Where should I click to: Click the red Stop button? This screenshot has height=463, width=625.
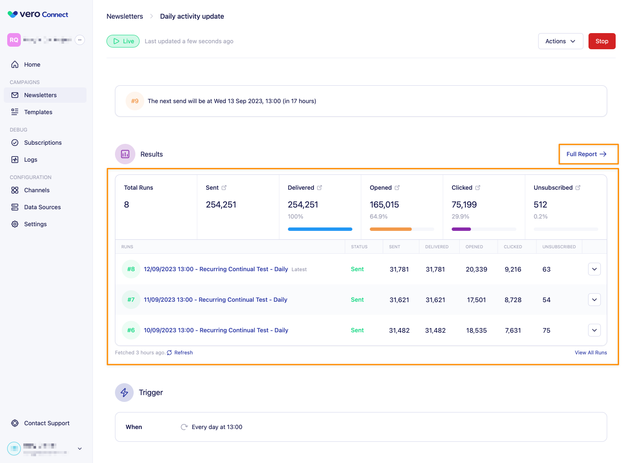coord(602,41)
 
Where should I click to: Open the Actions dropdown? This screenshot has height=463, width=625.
coord(560,41)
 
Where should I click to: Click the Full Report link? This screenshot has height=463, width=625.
coord(586,154)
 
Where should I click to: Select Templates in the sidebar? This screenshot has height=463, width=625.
coord(38,112)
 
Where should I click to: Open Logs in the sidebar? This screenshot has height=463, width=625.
coord(31,160)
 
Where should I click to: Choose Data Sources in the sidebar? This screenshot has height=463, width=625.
coord(42,207)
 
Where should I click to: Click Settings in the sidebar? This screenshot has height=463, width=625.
coord(35,224)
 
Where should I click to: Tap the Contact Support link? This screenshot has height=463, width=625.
coord(47,423)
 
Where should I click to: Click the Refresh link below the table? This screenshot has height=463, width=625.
coord(183,353)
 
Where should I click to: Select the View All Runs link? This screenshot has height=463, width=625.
coord(591,353)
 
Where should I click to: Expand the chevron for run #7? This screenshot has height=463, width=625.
coord(594,300)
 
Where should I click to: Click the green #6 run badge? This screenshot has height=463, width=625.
coord(131,330)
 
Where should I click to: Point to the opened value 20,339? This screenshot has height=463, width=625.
coord(476,269)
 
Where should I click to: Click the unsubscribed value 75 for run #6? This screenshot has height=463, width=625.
coord(547,331)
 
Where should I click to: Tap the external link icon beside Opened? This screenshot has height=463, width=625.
coord(397,188)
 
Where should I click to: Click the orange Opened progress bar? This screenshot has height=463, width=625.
coord(390,229)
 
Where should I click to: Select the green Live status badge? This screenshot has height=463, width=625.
coord(123,41)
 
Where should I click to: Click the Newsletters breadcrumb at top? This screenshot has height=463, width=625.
coord(125,16)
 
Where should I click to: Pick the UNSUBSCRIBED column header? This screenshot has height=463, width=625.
coord(559,247)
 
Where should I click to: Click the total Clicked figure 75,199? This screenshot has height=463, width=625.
coord(464,205)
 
